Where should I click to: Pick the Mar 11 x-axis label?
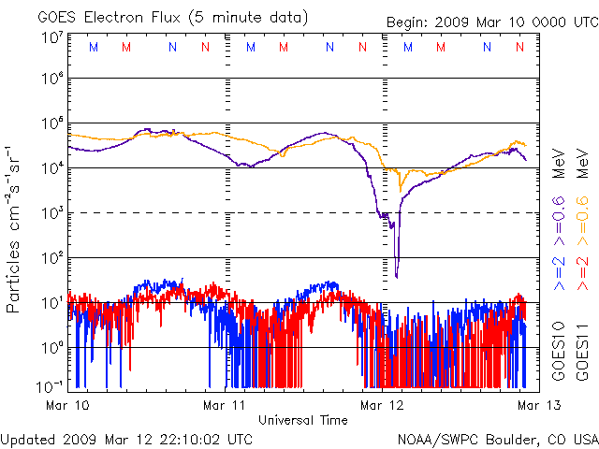(x=224, y=405)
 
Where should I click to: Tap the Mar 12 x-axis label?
(x=382, y=405)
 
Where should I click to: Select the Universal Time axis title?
(x=302, y=420)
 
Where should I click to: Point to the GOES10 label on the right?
(x=559, y=352)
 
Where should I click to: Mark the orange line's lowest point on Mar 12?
(x=401, y=190)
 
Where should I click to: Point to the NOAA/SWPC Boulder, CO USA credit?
(x=497, y=439)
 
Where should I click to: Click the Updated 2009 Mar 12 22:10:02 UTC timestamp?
(x=126, y=439)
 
